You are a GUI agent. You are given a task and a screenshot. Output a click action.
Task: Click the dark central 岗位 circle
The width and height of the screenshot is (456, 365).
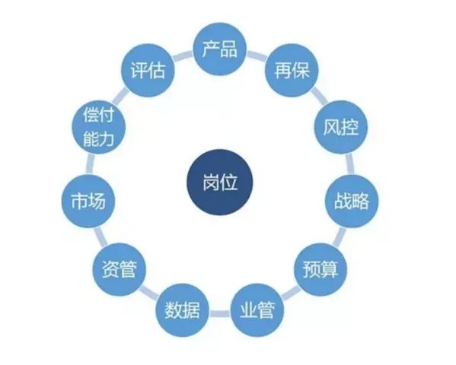(219, 182)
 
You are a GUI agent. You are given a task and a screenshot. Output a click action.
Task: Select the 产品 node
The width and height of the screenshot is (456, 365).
(219, 49)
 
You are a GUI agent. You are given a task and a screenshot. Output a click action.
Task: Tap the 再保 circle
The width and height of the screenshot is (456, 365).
(292, 70)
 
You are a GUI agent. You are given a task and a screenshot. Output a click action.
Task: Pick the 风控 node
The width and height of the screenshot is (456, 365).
(341, 127)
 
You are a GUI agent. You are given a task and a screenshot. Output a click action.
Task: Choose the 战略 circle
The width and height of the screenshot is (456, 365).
(351, 201)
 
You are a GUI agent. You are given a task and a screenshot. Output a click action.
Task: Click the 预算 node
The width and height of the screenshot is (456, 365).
(320, 269)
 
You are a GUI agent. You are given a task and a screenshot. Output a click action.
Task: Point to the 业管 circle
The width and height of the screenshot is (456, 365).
(257, 310)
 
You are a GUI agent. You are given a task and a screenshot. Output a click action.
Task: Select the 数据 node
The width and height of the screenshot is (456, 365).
(183, 310)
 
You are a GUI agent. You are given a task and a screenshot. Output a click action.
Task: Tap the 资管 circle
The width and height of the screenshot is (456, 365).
(119, 269)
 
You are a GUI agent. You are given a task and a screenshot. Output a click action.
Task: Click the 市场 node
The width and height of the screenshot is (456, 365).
(88, 201)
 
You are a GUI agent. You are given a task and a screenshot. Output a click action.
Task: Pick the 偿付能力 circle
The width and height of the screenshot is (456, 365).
(98, 127)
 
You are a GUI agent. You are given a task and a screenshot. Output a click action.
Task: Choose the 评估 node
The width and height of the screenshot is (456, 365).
(148, 70)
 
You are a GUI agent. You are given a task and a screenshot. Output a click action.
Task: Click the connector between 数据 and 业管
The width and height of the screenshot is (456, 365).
(219, 314)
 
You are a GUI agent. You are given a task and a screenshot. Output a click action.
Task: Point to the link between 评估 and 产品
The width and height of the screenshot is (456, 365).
(183, 56)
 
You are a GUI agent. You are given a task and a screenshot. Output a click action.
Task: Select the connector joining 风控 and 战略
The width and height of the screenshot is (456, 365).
(350, 163)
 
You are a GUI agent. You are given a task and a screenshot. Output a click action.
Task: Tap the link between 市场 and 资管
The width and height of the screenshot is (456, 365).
(100, 236)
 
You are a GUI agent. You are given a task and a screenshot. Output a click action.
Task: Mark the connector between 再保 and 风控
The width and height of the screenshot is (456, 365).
(319, 96)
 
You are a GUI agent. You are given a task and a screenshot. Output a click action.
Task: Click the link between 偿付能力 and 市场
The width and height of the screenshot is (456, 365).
(90, 163)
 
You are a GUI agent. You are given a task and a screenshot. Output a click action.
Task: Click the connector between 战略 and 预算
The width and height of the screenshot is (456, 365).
(339, 236)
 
